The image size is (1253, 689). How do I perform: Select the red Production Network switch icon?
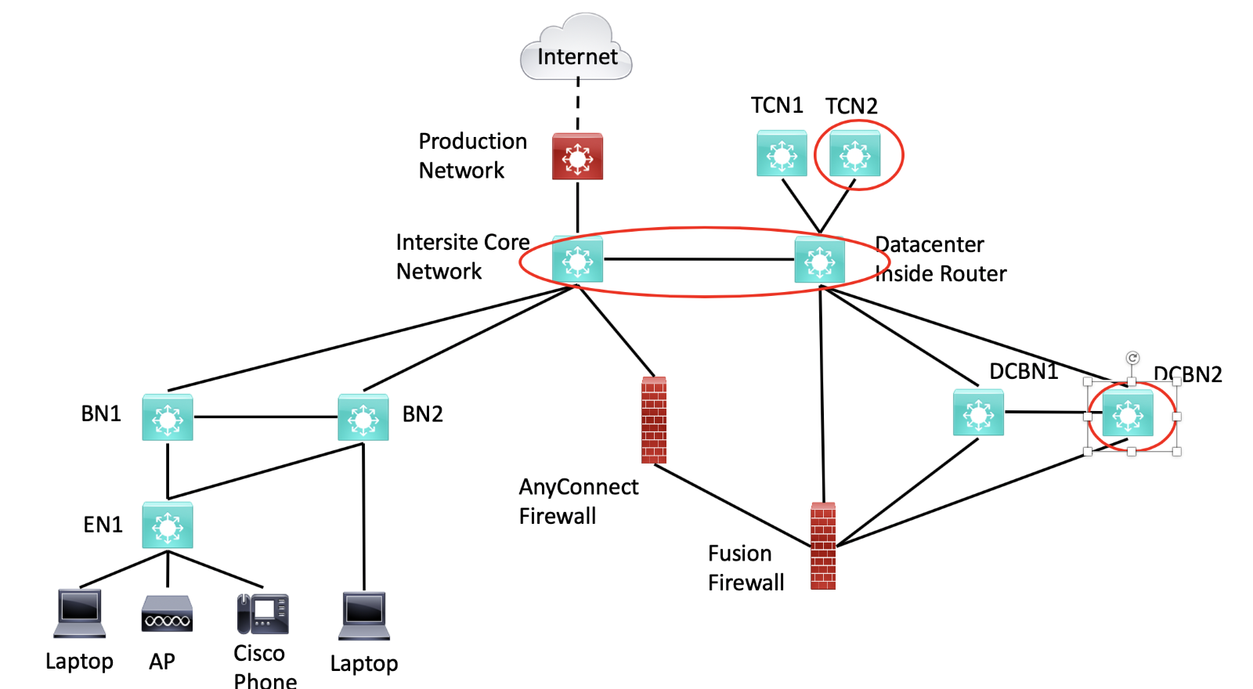pyautogui.click(x=577, y=157)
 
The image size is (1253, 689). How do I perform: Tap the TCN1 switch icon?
pyautogui.click(x=782, y=153)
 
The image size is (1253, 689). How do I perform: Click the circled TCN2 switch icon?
pyautogui.click(x=854, y=154)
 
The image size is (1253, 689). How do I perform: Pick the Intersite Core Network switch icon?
pyautogui.click(x=577, y=259)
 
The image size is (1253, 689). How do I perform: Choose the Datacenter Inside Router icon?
pyautogui.click(x=819, y=260)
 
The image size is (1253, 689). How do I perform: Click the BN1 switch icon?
pyautogui.click(x=168, y=418)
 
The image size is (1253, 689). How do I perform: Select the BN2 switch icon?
pyautogui.click(x=363, y=418)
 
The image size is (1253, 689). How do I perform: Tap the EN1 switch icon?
pyautogui.click(x=168, y=525)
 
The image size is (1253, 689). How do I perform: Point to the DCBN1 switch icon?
pyautogui.click(x=978, y=413)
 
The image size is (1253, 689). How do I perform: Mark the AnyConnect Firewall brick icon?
pyautogui.click(x=654, y=420)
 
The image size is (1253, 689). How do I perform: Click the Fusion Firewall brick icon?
pyautogui.click(x=823, y=546)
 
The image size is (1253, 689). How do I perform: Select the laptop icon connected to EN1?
pyautogui.click(x=80, y=613)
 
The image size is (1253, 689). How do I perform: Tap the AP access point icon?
pyautogui.click(x=167, y=614)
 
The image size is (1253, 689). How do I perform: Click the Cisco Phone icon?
pyautogui.click(x=263, y=614)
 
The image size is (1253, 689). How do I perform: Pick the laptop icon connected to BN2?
pyautogui.click(x=364, y=615)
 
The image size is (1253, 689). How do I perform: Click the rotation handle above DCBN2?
pyautogui.click(x=1132, y=358)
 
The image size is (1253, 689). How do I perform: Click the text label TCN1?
pyautogui.click(x=776, y=105)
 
